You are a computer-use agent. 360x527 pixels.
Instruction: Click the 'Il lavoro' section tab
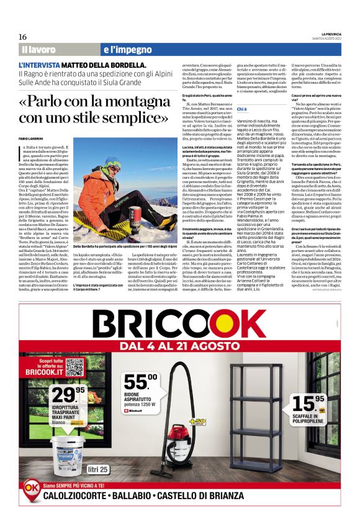coord(38,49)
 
